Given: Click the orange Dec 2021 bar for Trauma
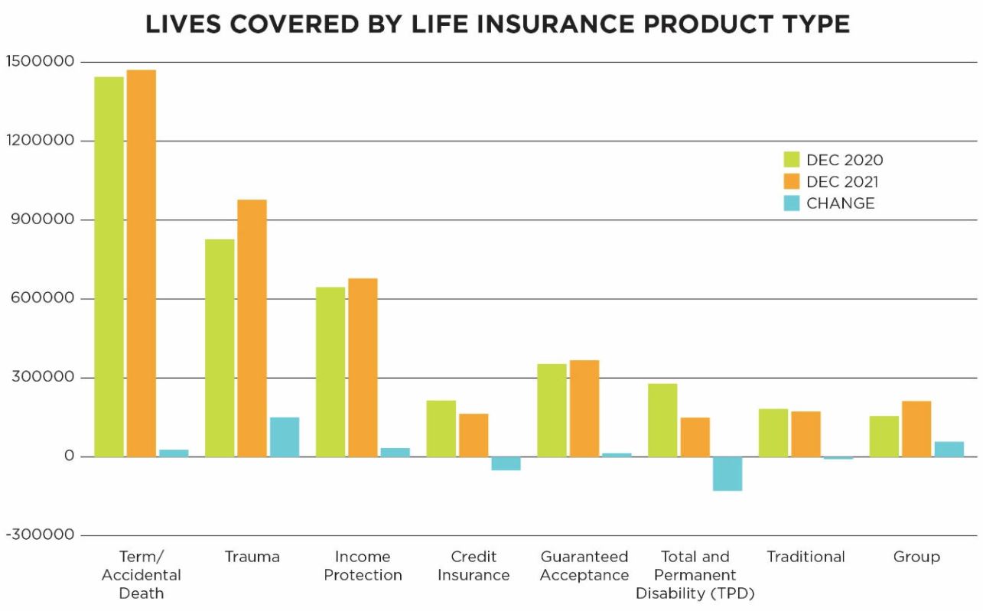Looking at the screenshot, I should [252, 328].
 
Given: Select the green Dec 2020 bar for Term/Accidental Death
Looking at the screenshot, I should [109, 267].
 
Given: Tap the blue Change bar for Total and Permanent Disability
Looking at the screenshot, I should [727, 473].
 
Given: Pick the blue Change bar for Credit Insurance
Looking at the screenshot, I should [506, 463].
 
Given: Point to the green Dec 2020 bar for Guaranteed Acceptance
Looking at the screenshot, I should [552, 410].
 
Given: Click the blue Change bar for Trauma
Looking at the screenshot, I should [285, 437].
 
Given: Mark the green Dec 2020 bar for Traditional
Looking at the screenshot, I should [773, 433].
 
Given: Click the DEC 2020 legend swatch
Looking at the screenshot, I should [791, 160].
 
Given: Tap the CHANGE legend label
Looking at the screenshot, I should [840, 203].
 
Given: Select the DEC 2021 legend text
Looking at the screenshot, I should [842, 182].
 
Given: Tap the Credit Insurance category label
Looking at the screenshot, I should [474, 566].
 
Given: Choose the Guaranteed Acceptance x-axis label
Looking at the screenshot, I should [584, 566].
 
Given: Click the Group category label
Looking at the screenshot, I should [916, 557].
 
